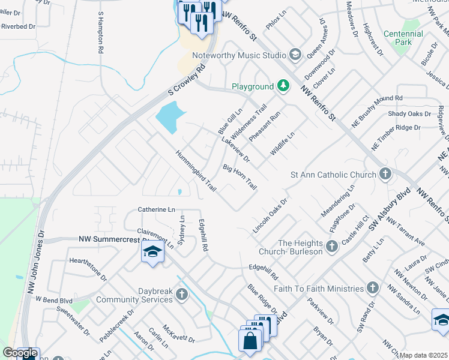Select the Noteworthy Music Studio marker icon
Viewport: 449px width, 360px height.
(x=295, y=55)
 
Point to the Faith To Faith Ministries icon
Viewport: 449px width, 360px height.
(x=373, y=288)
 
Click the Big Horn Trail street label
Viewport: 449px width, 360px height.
(x=240, y=178)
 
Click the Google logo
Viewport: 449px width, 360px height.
(x=20, y=353)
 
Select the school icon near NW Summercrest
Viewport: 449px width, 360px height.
(x=152, y=251)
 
